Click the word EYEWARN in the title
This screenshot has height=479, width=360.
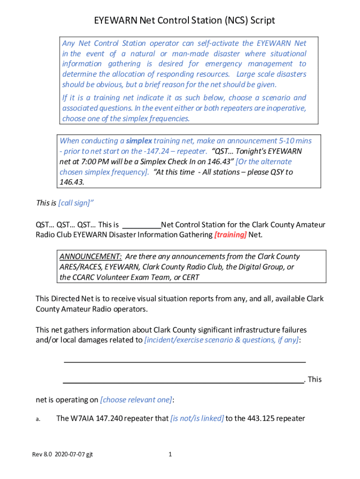click(x=115, y=20)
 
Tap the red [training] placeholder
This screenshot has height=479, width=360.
click(x=230, y=234)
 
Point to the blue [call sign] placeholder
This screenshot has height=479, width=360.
click(x=74, y=203)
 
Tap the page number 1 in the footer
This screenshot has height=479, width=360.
click(x=170, y=454)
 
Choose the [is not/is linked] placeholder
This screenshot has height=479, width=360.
click(x=197, y=418)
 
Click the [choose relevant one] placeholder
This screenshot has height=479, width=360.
click(x=136, y=399)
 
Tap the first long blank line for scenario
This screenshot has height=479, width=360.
click(x=184, y=362)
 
